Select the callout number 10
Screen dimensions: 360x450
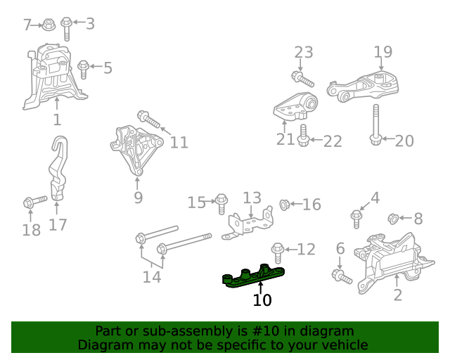[262, 300]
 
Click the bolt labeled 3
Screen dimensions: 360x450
[67, 28]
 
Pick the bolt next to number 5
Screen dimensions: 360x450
[84, 69]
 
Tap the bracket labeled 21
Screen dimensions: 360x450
[295, 107]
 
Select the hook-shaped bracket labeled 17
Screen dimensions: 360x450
[58, 169]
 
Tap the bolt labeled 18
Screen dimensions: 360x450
[34, 202]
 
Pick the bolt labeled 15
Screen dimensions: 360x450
[221, 202]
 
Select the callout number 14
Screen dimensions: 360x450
[152, 276]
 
